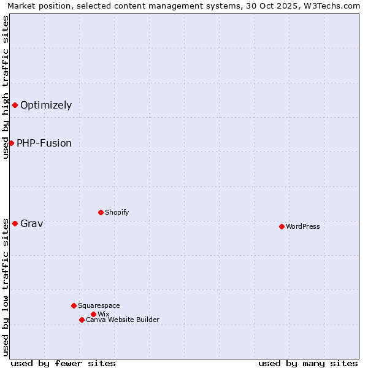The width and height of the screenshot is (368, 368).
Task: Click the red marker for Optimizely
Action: pyautogui.click(x=15, y=105)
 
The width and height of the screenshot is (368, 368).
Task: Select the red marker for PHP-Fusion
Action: pyautogui.click(x=11, y=143)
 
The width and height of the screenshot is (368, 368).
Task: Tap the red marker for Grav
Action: pyautogui.click(x=15, y=223)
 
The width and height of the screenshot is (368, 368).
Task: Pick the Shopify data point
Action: pyautogui.click(x=101, y=212)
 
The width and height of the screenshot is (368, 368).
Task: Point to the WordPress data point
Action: pyautogui.click(x=282, y=226)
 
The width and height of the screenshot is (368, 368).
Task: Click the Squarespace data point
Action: pyautogui.click(x=74, y=305)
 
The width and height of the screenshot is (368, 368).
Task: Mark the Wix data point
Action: pyautogui.click(x=93, y=314)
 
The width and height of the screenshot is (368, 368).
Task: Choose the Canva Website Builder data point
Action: pyautogui.click(x=82, y=320)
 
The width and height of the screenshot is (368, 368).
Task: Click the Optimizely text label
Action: pyautogui.click(x=46, y=105)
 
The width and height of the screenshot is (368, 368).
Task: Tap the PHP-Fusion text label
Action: pyautogui.click(x=44, y=143)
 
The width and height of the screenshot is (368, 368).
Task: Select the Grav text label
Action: pyautogui.click(x=31, y=223)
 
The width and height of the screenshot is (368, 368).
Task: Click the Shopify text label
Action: pyautogui.click(x=117, y=212)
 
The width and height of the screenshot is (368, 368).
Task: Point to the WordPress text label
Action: pyautogui.click(x=303, y=226)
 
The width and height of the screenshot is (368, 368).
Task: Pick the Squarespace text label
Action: pyautogui.click(x=99, y=305)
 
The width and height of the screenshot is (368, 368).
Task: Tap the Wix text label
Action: pyautogui.click(x=103, y=314)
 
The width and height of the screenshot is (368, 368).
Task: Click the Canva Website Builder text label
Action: pyautogui.click(x=123, y=320)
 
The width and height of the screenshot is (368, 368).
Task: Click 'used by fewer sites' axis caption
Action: pyautogui.click(x=63, y=363)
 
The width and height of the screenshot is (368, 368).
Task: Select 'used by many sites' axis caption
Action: pyautogui.click(x=308, y=363)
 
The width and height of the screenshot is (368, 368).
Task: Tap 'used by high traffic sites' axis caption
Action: pyautogui.click(x=6, y=87)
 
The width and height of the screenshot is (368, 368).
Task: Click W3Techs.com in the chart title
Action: pyautogui.click(x=334, y=6)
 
